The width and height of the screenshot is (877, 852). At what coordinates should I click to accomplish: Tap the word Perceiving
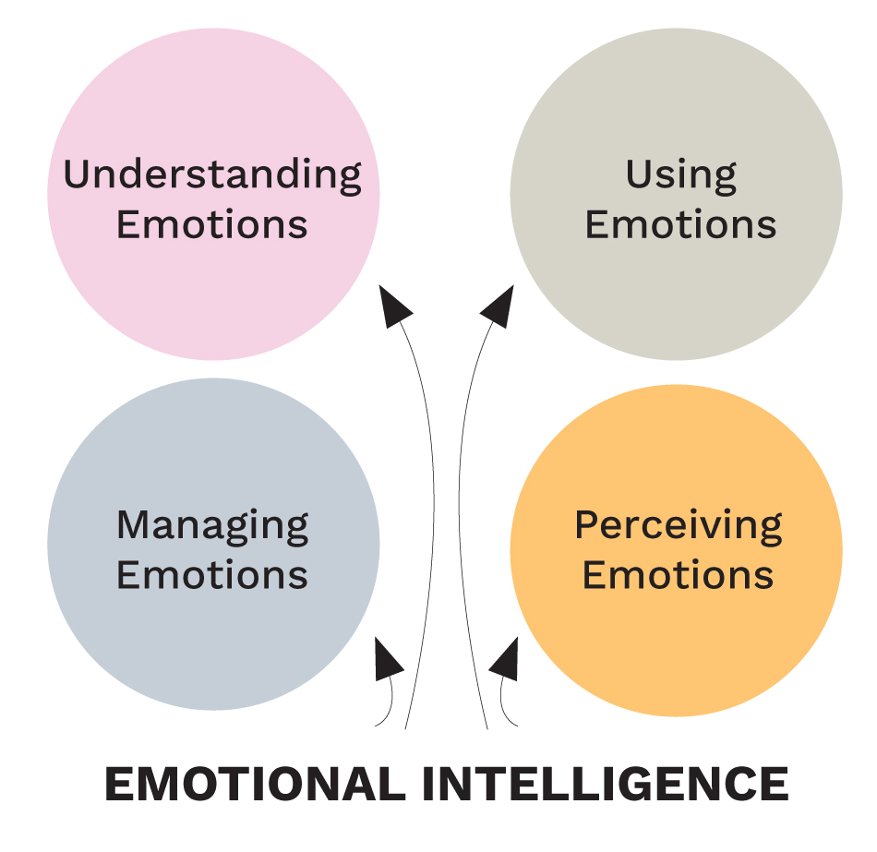[x=679, y=526]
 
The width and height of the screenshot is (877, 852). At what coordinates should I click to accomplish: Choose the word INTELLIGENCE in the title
[x=606, y=785]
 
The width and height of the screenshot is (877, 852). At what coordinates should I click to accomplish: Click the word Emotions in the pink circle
[x=212, y=224]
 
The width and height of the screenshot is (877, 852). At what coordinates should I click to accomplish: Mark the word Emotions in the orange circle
[x=679, y=575]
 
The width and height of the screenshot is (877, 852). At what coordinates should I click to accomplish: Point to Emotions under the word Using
[x=681, y=224]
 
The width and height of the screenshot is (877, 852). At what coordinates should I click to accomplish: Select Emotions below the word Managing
[x=212, y=575]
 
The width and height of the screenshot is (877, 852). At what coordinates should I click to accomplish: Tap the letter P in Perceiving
[x=586, y=525]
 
